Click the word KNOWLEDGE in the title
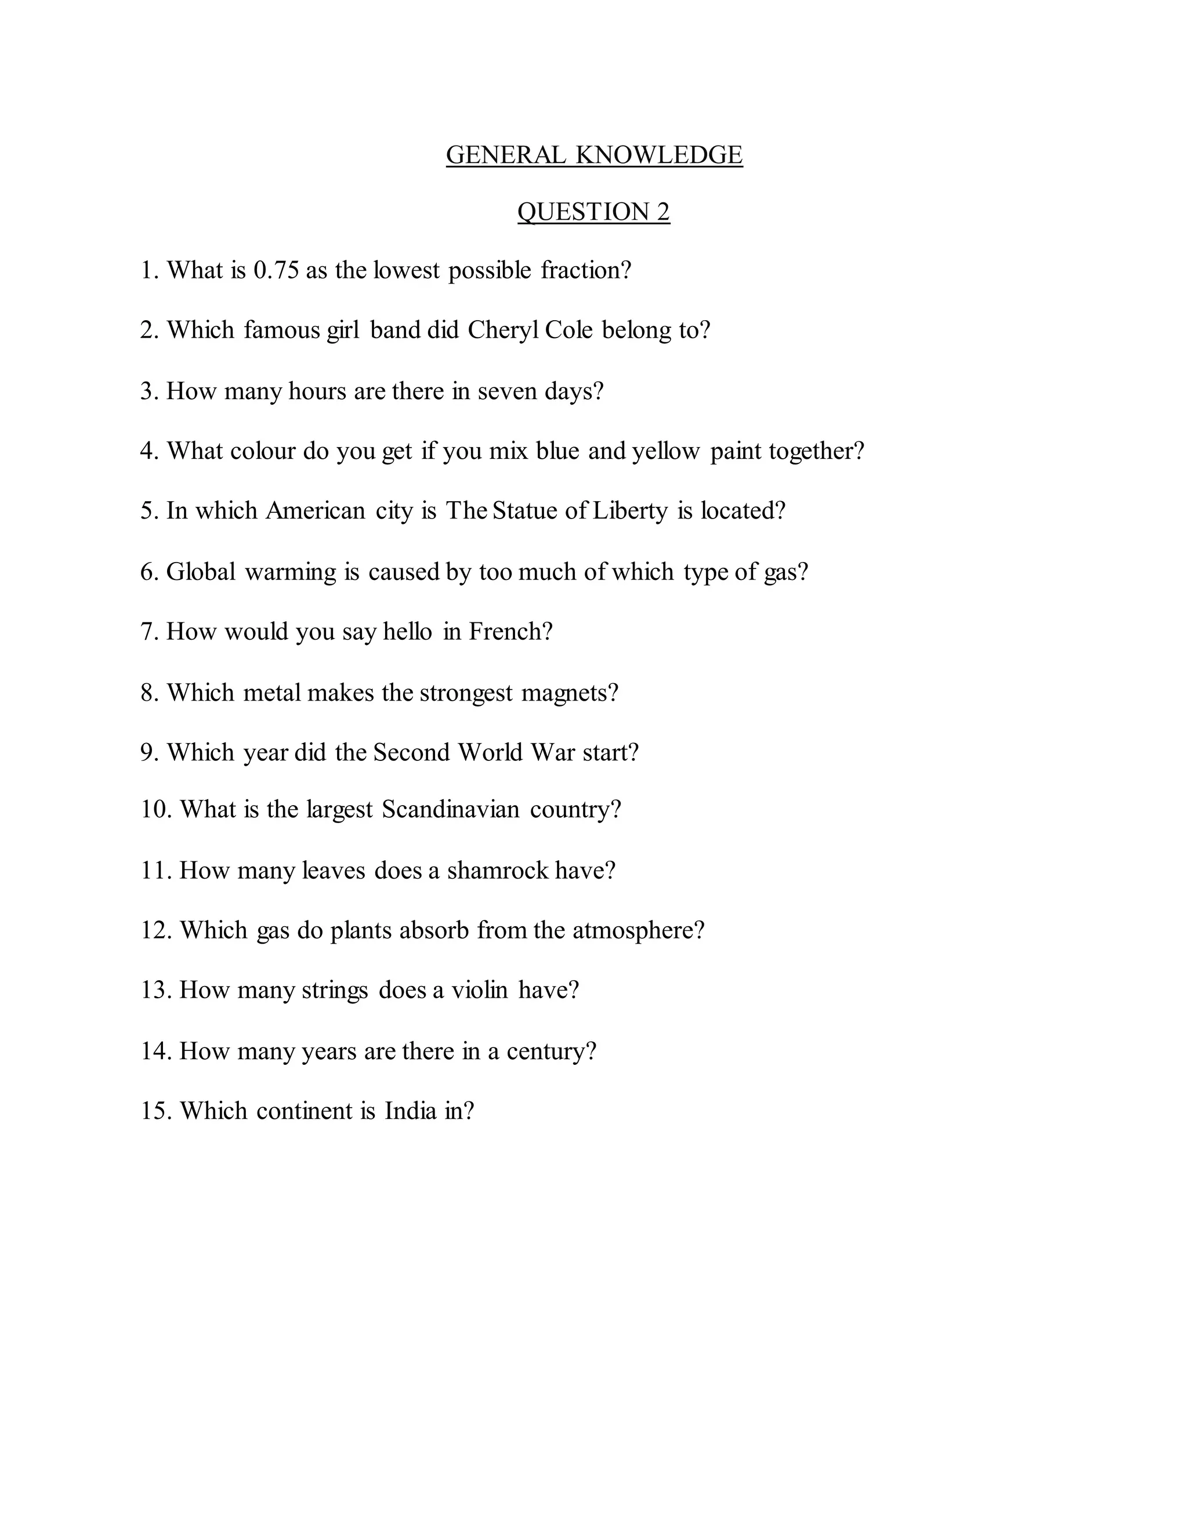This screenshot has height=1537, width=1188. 659,155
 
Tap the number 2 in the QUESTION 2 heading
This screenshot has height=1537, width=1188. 663,212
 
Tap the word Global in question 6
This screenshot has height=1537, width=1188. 201,571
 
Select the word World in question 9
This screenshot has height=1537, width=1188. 490,753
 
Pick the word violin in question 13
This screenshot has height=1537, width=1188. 479,990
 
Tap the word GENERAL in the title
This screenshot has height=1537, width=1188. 505,155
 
